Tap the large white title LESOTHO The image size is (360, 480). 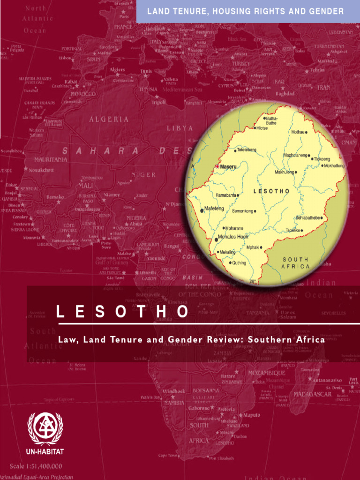coord(123,312)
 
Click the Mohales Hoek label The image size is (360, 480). coord(233,237)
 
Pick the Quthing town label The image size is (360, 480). coord(239,263)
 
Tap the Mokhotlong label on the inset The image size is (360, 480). coord(334,166)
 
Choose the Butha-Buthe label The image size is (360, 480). coord(271,121)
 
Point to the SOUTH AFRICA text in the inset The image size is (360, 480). coord(295,263)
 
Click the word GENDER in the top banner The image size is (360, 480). coord(326,11)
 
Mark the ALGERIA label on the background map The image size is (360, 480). coord(109,120)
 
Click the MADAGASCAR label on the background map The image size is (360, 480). coord(313,394)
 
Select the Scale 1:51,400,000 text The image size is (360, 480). coord(36,466)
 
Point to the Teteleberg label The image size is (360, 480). coord(246,150)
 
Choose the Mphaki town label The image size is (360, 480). coord(253,247)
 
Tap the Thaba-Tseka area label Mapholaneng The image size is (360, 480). coord(295,155)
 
